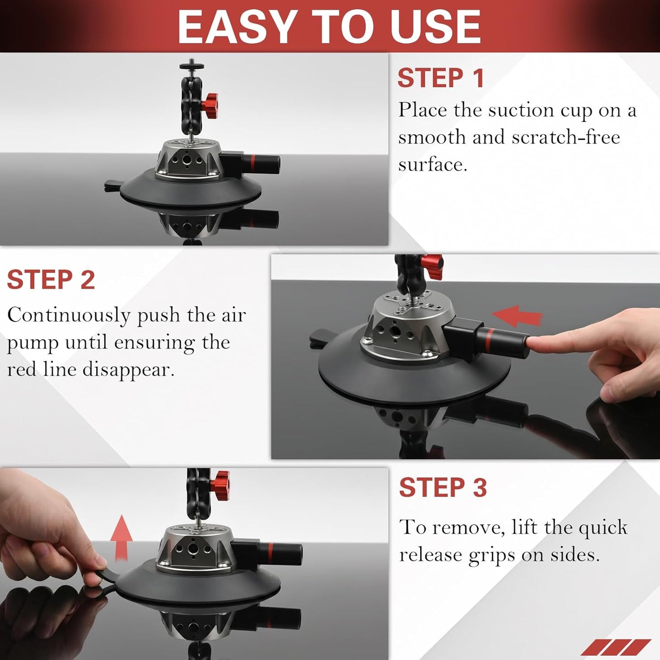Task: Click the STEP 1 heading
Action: pyautogui.click(x=440, y=78)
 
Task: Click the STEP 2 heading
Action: pyautogui.click(x=51, y=280)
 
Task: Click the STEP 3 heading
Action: pyautogui.click(x=443, y=487)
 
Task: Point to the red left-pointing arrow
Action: pyautogui.click(x=517, y=316)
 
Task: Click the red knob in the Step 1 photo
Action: pyautogui.click(x=211, y=105)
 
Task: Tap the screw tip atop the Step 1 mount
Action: pyautogui.click(x=191, y=63)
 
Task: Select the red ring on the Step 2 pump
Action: pyautogui.click(x=487, y=338)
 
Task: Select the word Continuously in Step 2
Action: pyautogui.click(x=69, y=315)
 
